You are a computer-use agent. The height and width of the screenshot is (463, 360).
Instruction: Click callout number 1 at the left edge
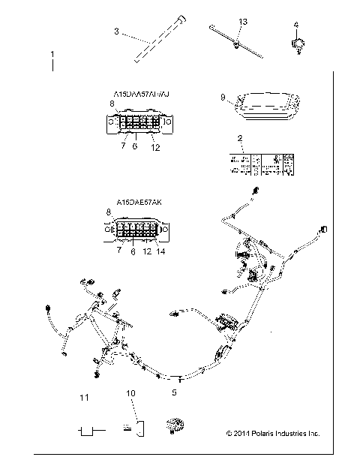coord(51,55)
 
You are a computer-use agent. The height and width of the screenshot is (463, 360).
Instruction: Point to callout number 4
coord(295,24)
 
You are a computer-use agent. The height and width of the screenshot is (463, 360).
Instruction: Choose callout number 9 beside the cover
coord(223,97)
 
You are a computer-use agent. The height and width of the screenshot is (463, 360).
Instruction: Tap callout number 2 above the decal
coord(239,138)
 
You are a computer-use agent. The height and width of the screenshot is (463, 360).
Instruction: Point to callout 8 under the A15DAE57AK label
coord(109,213)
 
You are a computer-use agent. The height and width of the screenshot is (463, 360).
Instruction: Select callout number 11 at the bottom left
coord(85,396)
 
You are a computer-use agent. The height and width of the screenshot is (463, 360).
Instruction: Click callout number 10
coord(130,392)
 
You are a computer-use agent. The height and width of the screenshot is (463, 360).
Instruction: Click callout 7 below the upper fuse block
coord(122,146)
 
